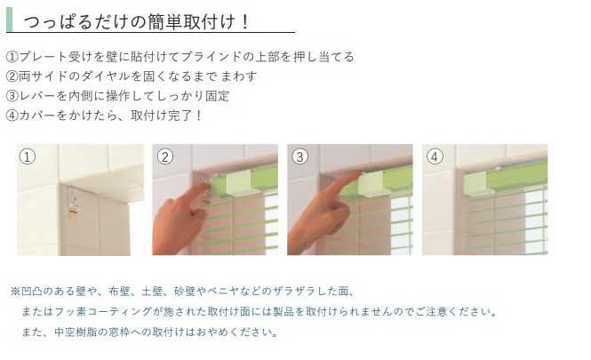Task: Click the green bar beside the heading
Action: pos(10,20)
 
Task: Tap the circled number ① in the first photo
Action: pos(28,156)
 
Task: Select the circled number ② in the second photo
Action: pos(165,156)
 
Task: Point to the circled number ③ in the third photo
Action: pos(300,156)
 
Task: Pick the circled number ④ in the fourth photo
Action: pos(435,156)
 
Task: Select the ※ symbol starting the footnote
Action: pos(15,291)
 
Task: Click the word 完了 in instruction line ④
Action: pos(180,116)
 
